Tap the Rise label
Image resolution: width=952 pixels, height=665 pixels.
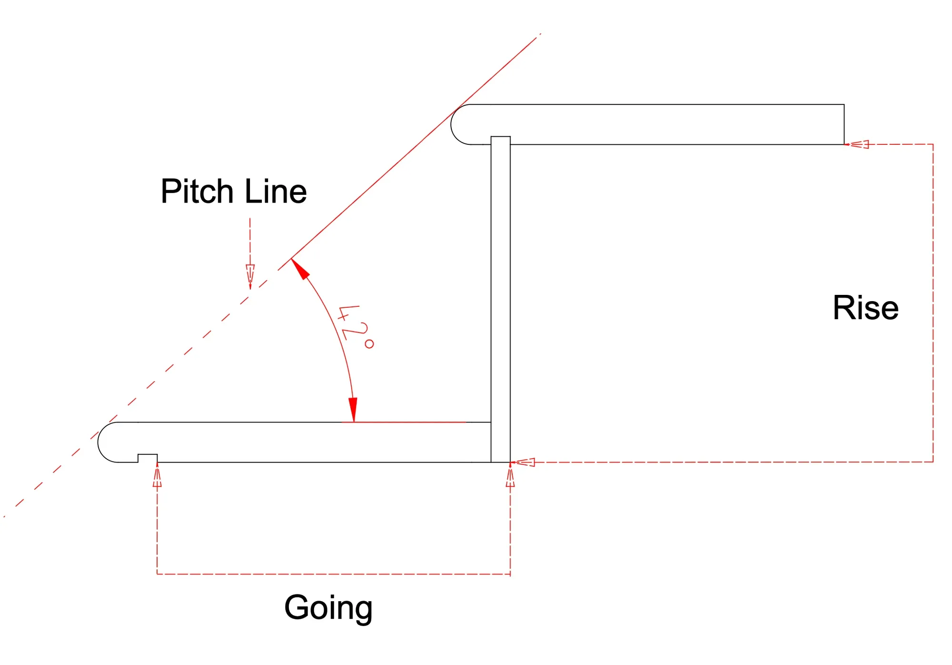point(865,308)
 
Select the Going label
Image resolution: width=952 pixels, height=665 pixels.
point(328,608)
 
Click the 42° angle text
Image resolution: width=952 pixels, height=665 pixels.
point(355,327)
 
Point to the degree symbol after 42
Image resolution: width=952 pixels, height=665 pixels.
point(369,343)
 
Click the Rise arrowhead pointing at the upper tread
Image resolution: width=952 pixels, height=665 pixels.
point(859,144)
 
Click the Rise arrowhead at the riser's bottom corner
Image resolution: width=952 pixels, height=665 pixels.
point(524,462)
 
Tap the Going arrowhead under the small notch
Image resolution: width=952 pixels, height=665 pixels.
point(157,476)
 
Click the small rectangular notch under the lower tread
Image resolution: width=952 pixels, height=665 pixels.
point(148,458)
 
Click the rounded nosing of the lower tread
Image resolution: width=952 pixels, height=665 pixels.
point(107,442)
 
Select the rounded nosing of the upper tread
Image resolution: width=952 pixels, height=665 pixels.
point(460,124)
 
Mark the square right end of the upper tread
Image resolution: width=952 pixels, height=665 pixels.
point(843,124)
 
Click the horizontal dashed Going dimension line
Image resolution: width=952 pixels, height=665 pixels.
point(333,574)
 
